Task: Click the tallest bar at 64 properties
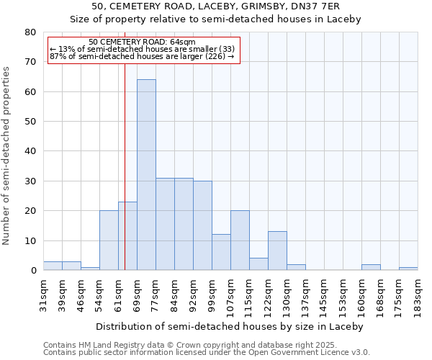click(146, 175)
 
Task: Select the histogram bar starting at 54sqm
click(109, 240)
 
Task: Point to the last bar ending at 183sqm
click(408, 269)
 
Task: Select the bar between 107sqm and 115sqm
click(240, 240)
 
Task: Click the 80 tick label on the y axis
click(30, 32)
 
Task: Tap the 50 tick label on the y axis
click(30, 122)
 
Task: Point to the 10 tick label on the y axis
click(30, 240)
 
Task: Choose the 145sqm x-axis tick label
click(324, 295)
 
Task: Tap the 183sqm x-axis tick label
click(418, 295)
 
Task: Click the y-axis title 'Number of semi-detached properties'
click(7, 156)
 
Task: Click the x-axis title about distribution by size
click(230, 326)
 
